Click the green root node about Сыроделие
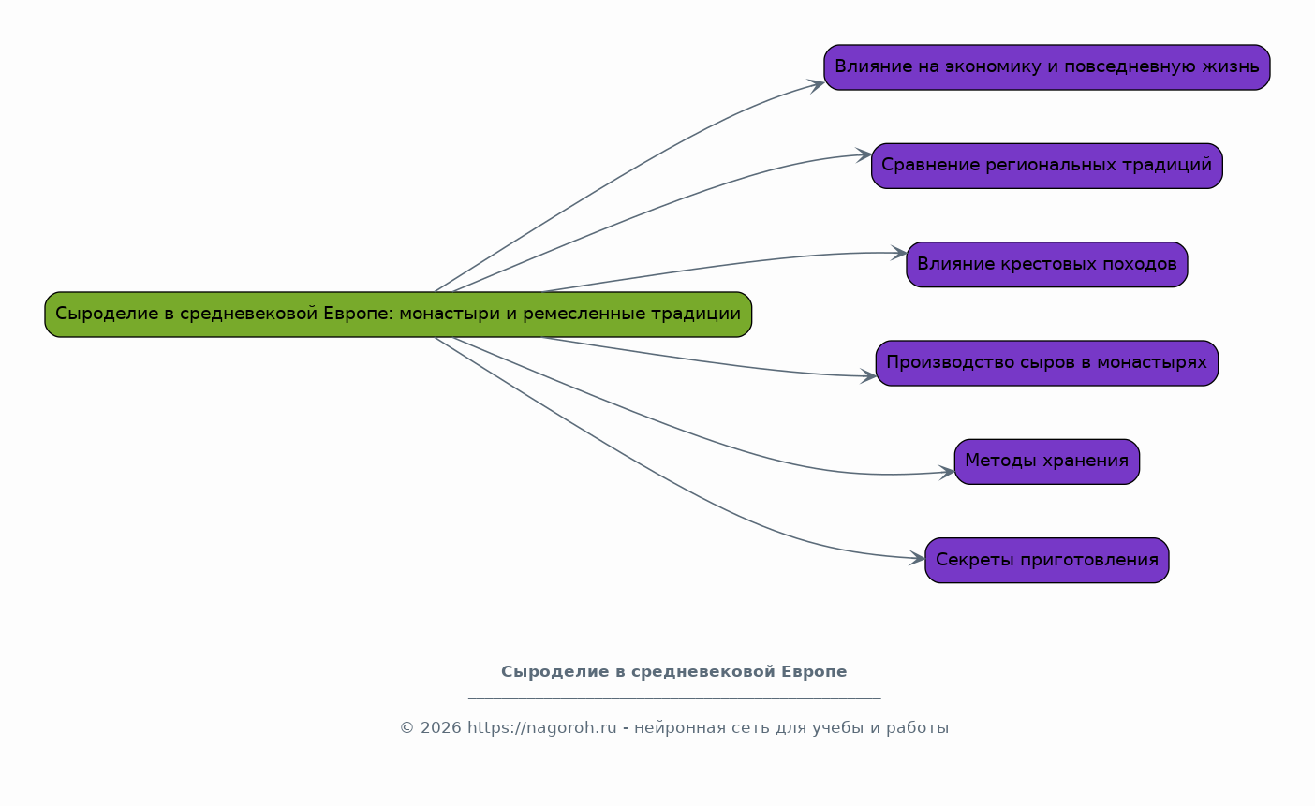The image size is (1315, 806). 398,315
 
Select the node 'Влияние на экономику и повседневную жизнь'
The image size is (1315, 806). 1046,67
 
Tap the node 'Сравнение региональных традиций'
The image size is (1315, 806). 1046,166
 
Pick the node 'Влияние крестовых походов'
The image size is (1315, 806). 1046,264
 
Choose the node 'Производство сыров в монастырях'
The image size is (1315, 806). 1046,363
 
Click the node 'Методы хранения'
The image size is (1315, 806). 1046,462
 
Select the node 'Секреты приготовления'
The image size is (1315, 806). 1046,560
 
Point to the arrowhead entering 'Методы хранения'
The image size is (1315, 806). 948,473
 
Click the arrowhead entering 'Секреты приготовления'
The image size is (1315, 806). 918,559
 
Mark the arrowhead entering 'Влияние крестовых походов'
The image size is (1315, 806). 899,253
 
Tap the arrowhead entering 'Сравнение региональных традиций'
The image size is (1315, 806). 864,154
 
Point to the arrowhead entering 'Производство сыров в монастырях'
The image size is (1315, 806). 869,376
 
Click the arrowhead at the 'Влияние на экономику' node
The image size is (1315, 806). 817,84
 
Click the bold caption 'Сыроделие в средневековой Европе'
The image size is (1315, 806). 673,672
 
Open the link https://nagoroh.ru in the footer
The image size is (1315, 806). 541,728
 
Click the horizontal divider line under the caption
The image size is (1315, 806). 673,698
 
